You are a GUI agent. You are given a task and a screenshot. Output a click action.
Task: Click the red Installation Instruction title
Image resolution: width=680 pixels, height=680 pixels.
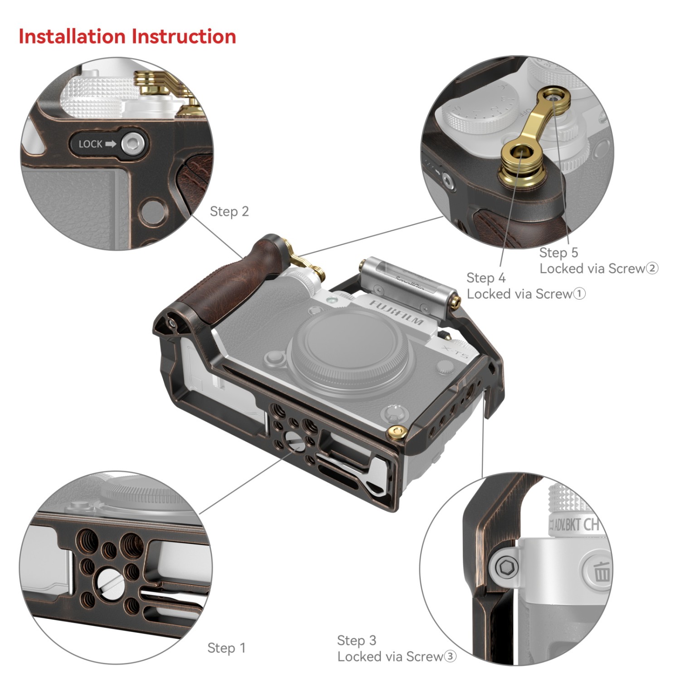127,37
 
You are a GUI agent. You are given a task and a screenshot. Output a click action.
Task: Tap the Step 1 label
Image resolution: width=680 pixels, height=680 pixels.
226,648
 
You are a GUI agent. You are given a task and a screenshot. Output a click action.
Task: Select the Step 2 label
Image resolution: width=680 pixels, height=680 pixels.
229,211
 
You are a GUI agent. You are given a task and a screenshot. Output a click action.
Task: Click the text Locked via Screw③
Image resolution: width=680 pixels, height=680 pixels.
397,656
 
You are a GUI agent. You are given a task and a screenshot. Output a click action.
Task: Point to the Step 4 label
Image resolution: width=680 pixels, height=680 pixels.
486,277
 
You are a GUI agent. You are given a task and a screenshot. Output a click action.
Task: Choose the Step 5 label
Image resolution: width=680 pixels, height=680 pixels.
559,253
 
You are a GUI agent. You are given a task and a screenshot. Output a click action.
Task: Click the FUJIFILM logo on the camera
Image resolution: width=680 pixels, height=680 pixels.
397,312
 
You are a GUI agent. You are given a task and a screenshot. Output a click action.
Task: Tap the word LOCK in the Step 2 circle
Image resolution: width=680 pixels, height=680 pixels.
91,144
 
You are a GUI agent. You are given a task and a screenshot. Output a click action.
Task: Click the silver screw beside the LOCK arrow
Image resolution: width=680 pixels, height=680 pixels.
133,144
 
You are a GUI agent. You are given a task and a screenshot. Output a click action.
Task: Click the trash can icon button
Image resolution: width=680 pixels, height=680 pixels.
601,571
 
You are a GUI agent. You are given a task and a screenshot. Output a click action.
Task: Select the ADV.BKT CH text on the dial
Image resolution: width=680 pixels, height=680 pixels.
576,525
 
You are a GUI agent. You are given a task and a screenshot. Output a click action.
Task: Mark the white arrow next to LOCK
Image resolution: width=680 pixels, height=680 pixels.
111,144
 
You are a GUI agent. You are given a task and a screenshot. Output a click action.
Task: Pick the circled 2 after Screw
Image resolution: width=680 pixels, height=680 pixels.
652,268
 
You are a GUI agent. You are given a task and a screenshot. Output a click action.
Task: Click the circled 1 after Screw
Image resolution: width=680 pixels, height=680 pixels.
579,294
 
